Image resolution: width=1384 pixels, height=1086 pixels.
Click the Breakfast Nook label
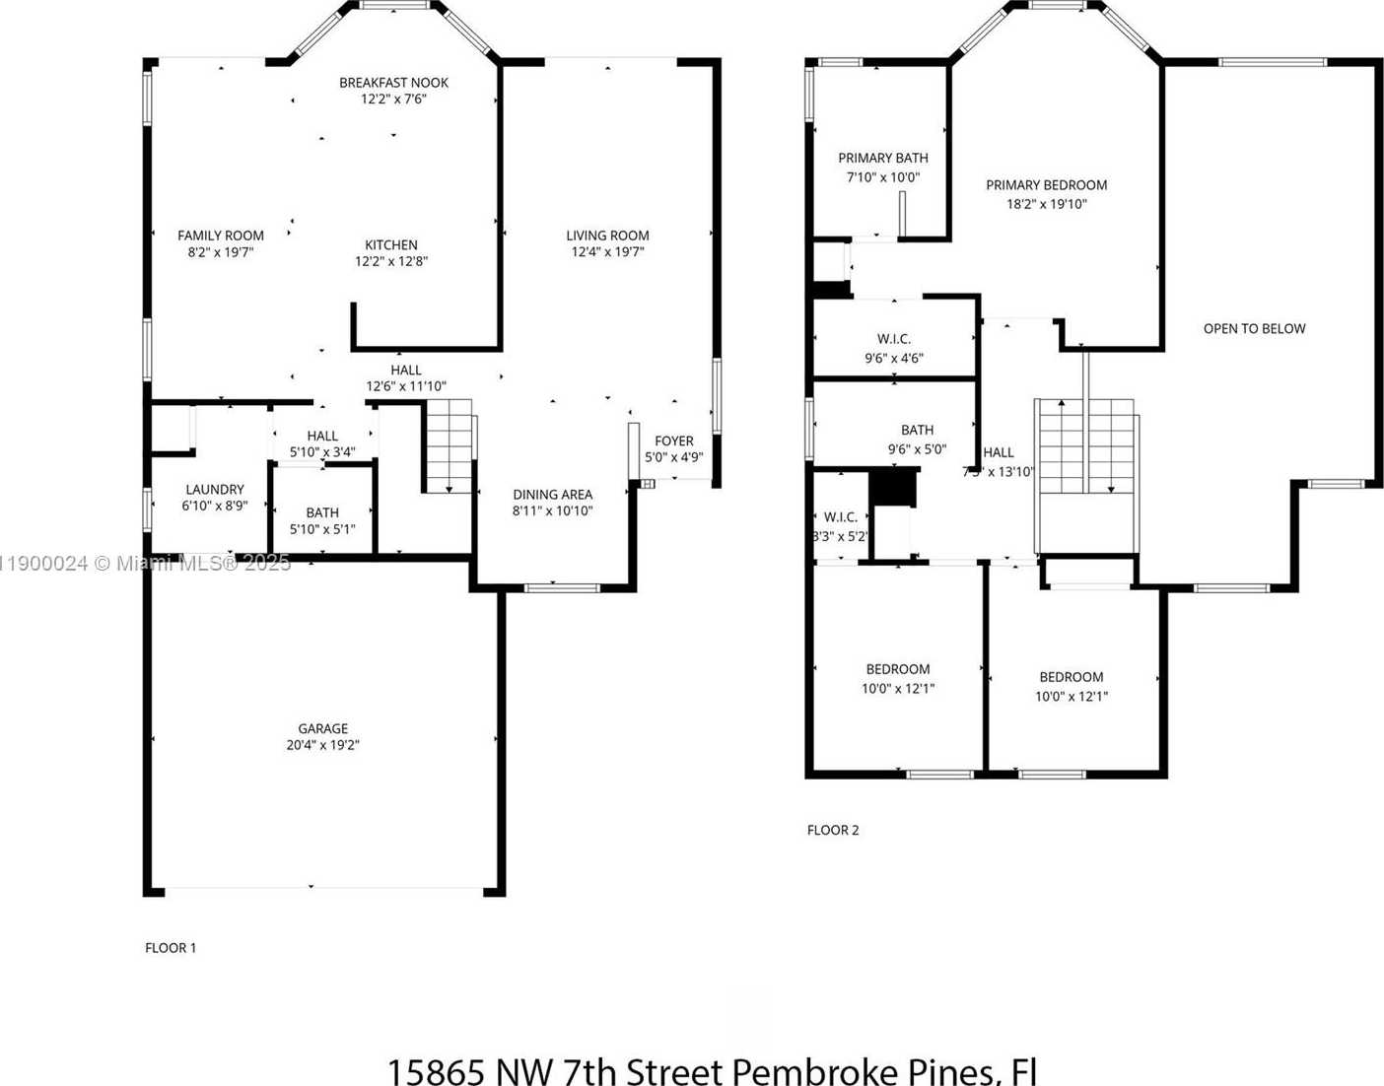393,83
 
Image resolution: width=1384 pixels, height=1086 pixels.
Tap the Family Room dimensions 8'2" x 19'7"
220,252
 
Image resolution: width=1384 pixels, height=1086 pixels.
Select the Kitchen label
391,244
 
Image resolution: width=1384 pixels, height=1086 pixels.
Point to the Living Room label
607,236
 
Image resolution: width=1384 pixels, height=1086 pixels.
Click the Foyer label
674,441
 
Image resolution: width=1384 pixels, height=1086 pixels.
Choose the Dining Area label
552,495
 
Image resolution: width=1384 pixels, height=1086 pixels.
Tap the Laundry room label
215,489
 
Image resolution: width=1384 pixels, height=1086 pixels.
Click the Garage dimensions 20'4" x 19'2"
322,745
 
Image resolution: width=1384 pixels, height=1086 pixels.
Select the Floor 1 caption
171,948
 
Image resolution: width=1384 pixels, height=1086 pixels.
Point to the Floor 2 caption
833,830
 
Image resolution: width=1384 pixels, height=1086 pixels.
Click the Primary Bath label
882,158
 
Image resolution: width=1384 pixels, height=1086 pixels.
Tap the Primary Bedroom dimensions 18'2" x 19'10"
1046,204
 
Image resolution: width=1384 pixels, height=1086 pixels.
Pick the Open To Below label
1254,328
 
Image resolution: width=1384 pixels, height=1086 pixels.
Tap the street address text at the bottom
711,1070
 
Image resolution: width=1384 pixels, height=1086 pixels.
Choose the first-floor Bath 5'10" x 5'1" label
322,512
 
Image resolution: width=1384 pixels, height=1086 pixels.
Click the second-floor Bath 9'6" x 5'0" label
917,430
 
